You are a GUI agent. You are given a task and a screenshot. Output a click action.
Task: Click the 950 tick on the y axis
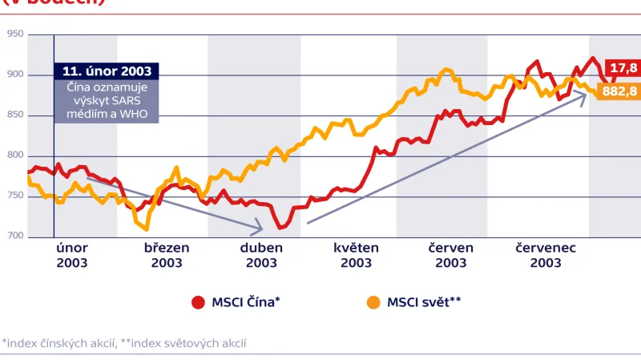coord(14,34)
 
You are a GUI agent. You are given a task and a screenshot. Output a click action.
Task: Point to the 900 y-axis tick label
coord(14,75)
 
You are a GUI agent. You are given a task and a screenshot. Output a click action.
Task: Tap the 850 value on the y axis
coord(14,115)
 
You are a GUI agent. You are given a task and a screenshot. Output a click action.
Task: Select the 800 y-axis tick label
coord(14,156)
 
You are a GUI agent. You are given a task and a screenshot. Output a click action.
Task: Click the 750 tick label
coord(14,196)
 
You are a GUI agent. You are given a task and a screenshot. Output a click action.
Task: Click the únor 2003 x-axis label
coord(72,255)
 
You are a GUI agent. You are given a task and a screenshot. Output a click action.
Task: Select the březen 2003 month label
coord(167,255)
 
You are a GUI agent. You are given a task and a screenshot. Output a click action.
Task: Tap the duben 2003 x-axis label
coord(261,255)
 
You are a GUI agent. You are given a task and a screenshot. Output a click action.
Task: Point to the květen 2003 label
coord(356,255)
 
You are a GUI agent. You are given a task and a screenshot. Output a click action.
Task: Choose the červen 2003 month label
coord(451,255)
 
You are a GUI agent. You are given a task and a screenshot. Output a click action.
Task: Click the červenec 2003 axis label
coord(546,255)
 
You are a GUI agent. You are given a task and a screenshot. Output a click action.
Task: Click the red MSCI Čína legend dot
coord(198,302)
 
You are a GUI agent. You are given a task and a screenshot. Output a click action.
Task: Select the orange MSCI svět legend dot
coord(373,302)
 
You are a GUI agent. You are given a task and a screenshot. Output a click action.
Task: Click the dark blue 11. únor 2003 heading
coord(107,71)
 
